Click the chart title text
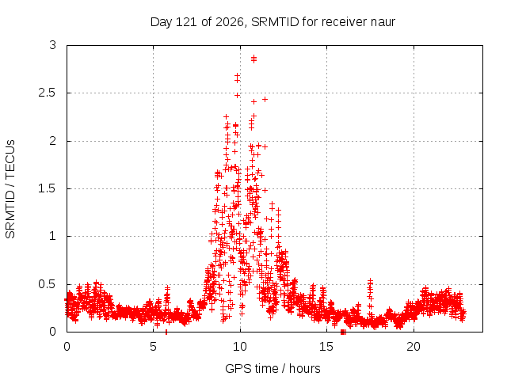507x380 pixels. click(273, 22)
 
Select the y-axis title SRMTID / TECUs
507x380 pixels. click(10, 189)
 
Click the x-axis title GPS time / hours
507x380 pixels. click(273, 368)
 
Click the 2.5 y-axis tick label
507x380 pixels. click(48, 93)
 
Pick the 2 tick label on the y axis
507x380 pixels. click(53, 141)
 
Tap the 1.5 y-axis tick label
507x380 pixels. click(48, 188)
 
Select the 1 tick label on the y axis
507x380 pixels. click(53, 236)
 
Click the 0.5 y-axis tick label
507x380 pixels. click(48, 284)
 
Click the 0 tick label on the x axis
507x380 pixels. click(67, 347)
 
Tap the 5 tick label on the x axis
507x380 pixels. click(153, 347)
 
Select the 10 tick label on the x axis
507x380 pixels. click(240, 347)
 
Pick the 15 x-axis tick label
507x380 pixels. click(326, 347)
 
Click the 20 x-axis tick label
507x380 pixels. click(414, 347)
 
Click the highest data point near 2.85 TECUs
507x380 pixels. click(253, 59)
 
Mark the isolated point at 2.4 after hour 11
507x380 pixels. click(265, 99)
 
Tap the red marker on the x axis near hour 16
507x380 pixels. click(343, 332)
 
